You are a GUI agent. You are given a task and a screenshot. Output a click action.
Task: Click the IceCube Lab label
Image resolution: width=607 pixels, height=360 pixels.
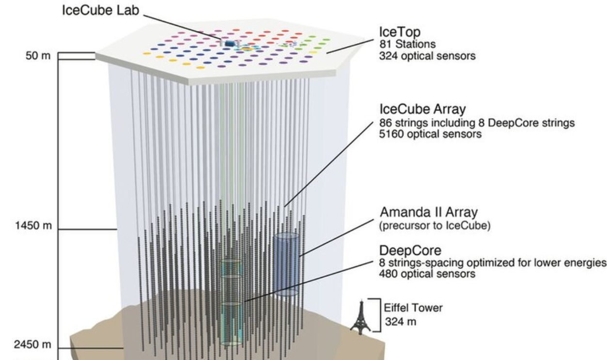point(99,11)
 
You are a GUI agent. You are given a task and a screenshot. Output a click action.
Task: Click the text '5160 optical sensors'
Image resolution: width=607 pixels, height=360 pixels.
point(431,134)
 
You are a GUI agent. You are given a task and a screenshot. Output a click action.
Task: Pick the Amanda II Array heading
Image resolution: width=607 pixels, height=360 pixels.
point(429,212)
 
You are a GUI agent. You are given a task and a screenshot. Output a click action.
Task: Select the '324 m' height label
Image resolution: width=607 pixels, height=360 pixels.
point(396,320)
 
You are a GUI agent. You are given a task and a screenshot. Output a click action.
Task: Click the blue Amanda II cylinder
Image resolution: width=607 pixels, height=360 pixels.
point(287,264)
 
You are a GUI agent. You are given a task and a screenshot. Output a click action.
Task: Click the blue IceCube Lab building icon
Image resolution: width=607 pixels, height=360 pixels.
point(230,44)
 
